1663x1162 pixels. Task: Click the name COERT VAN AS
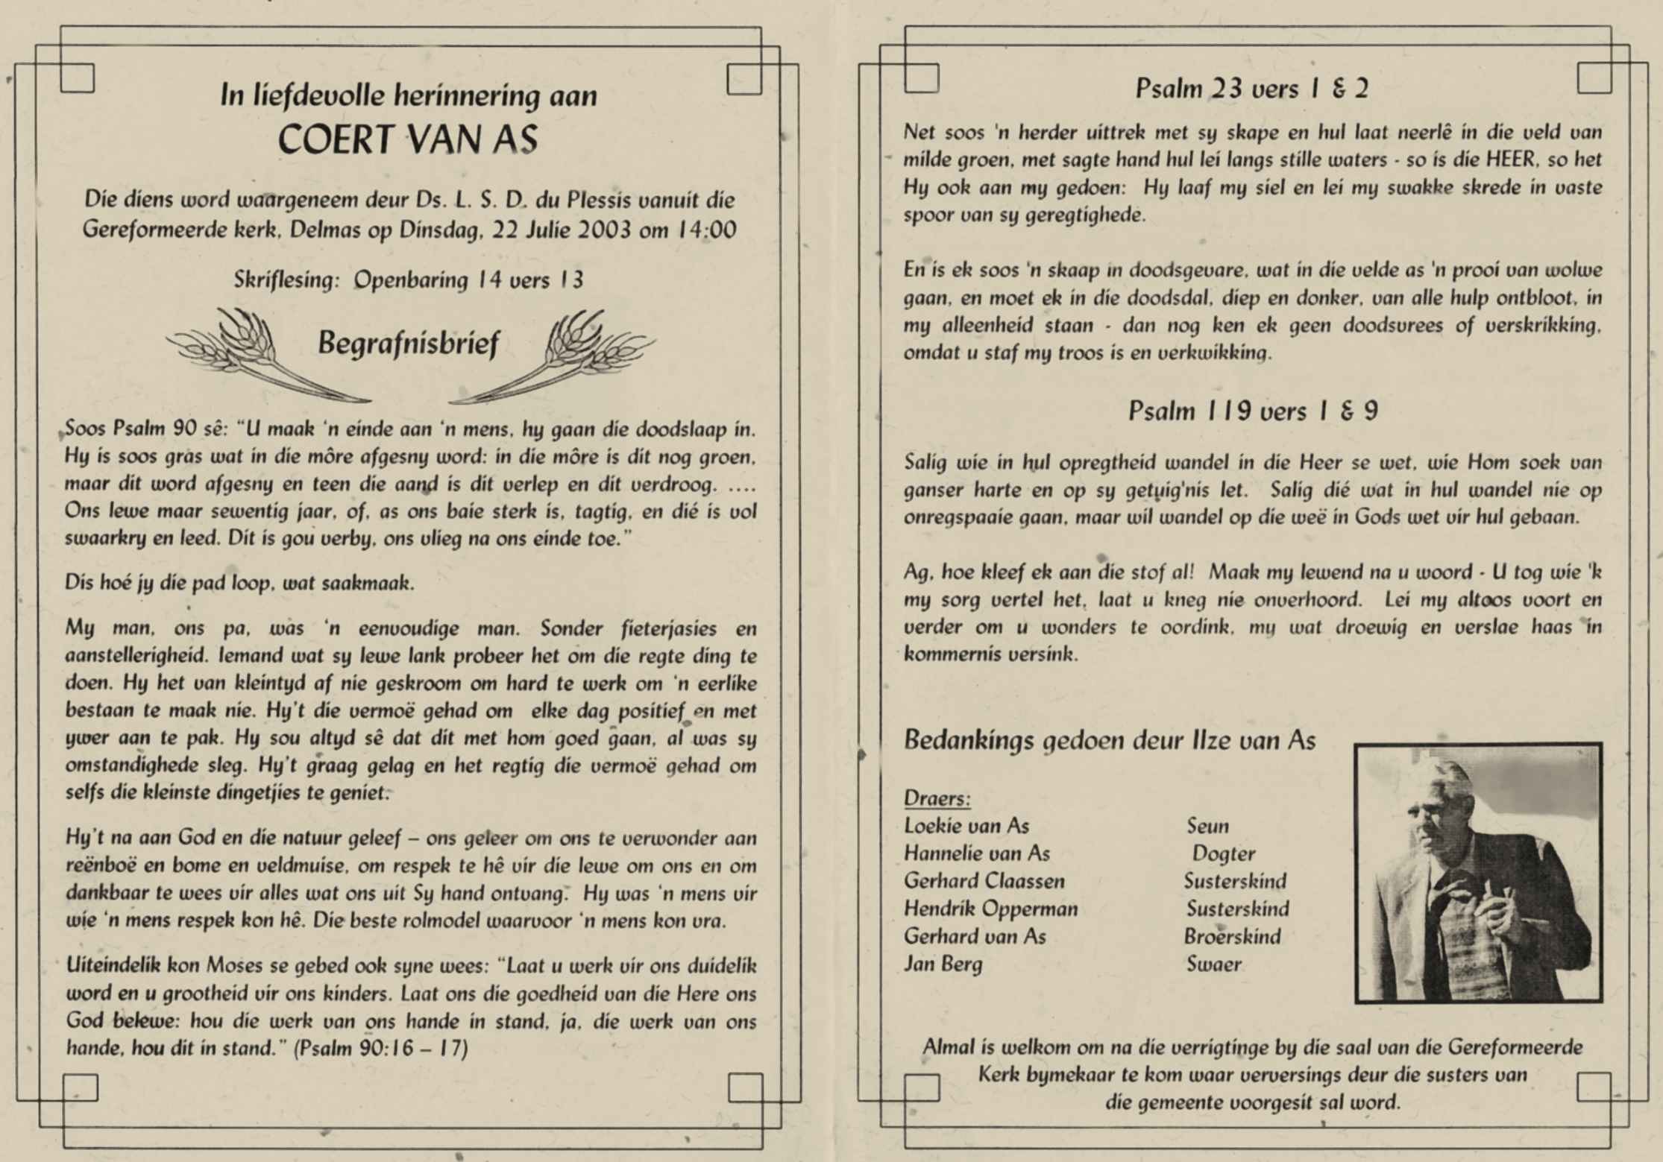coord(407,139)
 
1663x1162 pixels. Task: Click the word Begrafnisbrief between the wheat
coord(408,344)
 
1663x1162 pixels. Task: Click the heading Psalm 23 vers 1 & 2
coord(1252,89)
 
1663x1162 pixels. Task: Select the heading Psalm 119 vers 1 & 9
coord(1253,411)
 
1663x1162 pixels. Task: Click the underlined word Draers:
coord(937,799)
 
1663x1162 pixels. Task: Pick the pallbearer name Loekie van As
coord(966,826)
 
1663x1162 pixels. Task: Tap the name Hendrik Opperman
coord(990,909)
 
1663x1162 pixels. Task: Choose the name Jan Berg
coord(943,964)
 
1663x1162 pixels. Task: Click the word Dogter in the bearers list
coord(1223,854)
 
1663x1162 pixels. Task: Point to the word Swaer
coord(1213,964)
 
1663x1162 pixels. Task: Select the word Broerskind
coord(1232,937)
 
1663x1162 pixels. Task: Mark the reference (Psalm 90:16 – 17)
coord(380,1049)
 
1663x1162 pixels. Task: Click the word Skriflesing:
coord(286,280)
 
